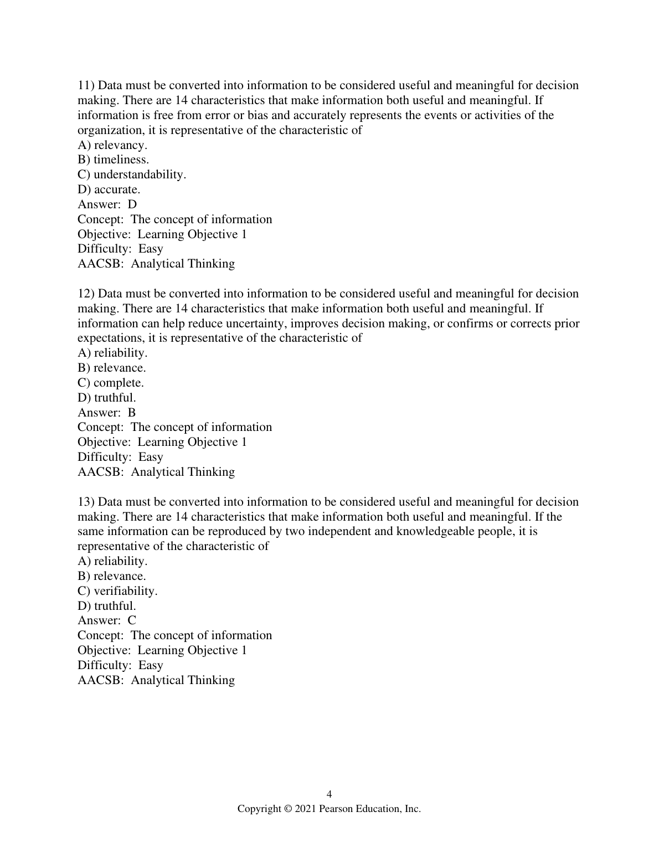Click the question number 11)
(x=86, y=85)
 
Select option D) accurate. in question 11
(x=109, y=189)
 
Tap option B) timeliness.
(x=113, y=160)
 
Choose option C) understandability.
(x=132, y=174)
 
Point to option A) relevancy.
(x=112, y=145)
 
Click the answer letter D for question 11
(x=132, y=204)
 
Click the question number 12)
(x=86, y=294)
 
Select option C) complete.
(x=110, y=383)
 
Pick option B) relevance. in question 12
(x=111, y=368)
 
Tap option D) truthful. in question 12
(x=106, y=398)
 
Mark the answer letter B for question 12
(x=132, y=413)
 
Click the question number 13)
(x=86, y=502)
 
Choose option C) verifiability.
(x=117, y=591)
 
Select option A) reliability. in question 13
(x=112, y=561)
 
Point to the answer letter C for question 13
(x=132, y=620)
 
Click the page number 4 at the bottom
(x=329, y=794)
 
